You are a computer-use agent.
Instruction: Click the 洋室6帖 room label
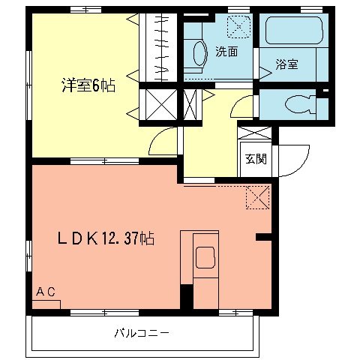(x=88, y=85)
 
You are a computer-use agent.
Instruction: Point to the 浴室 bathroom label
(x=286, y=64)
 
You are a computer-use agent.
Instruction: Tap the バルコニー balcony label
(x=142, y=331)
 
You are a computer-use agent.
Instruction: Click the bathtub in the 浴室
(x=292, y=32)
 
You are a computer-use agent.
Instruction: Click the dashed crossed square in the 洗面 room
(x=240, y=28)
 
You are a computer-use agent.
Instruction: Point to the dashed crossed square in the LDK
(x=256, y=197)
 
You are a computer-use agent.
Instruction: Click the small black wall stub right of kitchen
(x=263, y=237)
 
